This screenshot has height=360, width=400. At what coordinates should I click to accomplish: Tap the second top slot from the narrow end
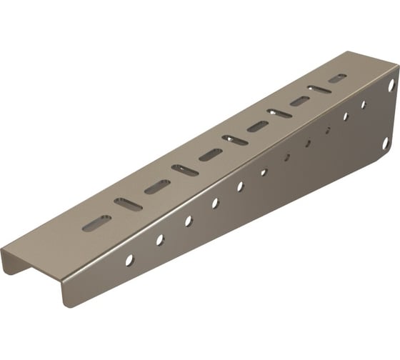point(128,204)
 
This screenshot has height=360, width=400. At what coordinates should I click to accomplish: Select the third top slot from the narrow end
point(157,187)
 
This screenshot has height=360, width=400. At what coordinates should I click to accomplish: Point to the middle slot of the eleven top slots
point(235,140)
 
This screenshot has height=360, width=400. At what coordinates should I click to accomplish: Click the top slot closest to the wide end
point(337,79)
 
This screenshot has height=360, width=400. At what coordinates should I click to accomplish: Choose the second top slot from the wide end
point(319,90)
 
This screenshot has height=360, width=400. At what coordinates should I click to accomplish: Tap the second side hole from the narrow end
point(160,240)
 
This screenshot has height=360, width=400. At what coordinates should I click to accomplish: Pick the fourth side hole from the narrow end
point(215,204)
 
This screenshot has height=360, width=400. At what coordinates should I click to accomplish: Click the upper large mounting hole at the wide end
point(391,85)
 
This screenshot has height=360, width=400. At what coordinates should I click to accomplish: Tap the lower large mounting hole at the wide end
point(385,144)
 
